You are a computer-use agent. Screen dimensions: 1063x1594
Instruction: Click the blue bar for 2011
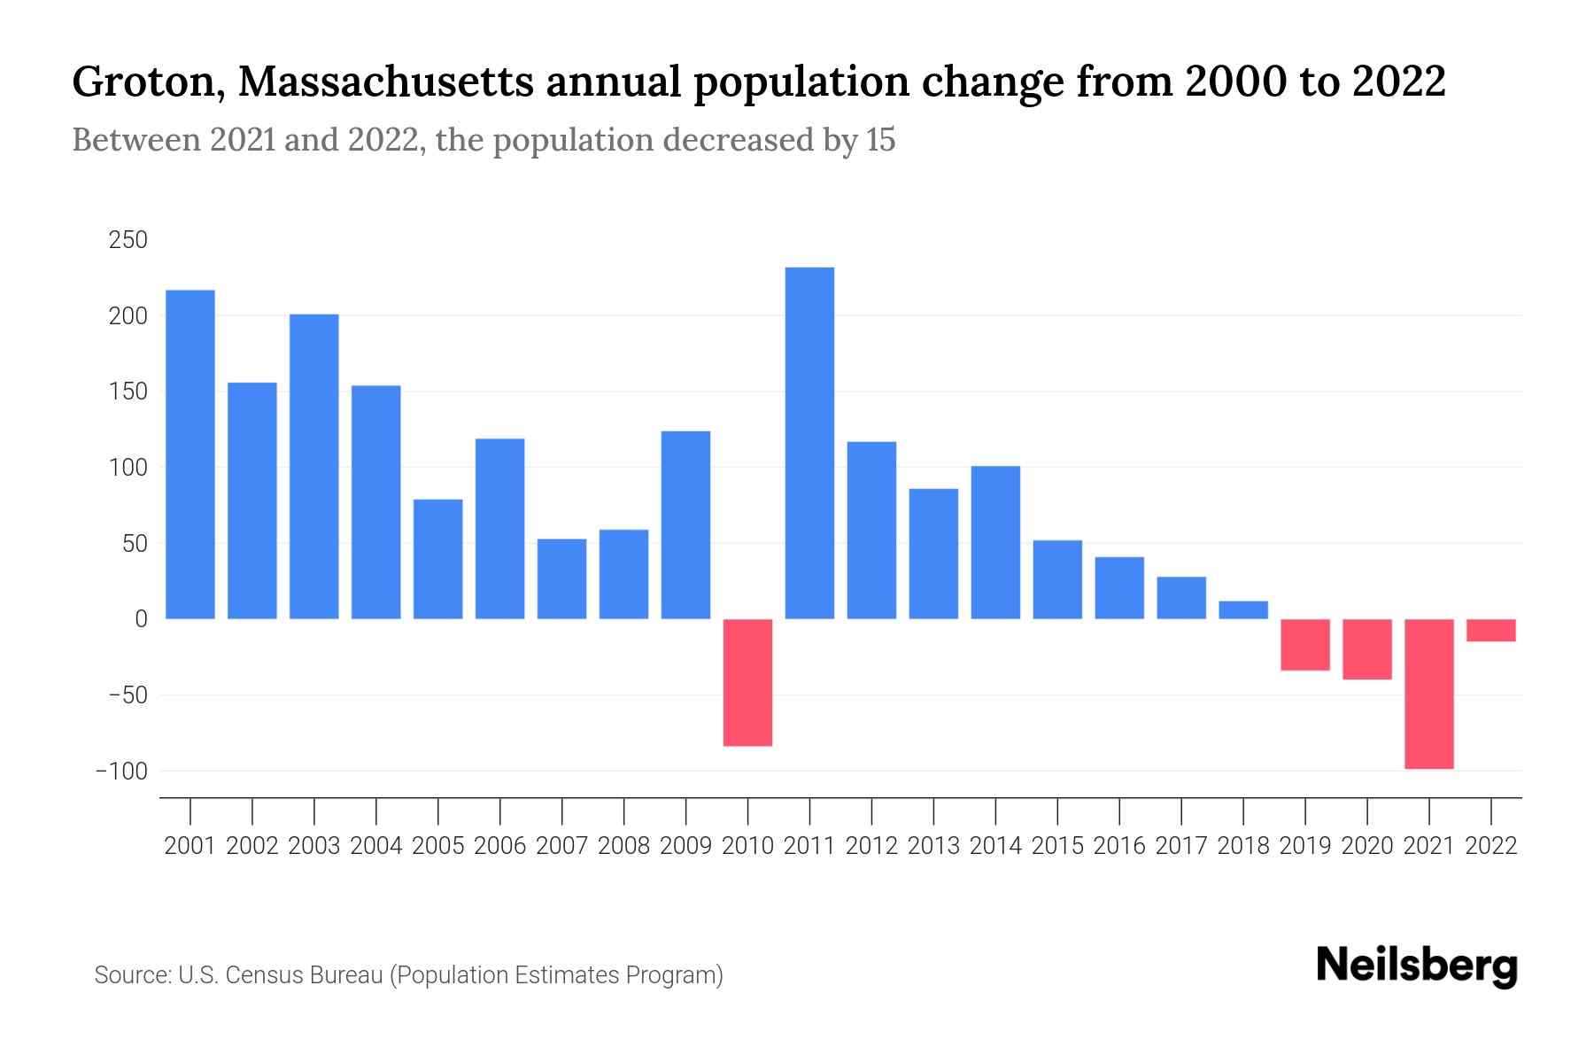[x=809, y=443]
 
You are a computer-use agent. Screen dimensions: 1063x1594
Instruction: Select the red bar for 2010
[x=747, y=682]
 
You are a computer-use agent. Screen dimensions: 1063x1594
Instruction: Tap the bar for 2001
[x=190, y=454]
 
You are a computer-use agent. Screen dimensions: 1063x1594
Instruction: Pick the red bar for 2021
[x=1429, y=694]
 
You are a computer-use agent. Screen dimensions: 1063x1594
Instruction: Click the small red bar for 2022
[x=1491, y=630]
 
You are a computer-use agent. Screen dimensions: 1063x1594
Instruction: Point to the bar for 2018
[x=1243, y=610]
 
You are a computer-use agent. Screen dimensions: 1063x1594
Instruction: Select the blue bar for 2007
[x=561, y=578]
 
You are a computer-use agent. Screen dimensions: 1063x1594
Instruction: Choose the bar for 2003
[x=314, y=466]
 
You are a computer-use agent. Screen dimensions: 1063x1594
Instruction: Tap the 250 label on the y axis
[x=128, y=240]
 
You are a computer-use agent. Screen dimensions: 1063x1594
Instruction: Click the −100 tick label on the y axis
[x=121, y=771]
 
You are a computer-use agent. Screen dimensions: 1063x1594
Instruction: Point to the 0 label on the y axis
[x=140, y=619]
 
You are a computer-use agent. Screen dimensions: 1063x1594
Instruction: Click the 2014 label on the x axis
[x=995, y=846]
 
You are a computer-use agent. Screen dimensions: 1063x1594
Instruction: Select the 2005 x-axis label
[x=438, y=846]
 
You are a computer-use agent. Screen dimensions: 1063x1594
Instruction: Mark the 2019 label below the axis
[x=1305, y=846]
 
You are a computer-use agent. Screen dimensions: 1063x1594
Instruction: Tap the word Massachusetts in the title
[x=386, y=82]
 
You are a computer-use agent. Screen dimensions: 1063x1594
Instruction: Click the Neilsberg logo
[x=1417, y=966]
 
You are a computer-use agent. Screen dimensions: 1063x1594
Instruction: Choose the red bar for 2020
[x=1367, y=649]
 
